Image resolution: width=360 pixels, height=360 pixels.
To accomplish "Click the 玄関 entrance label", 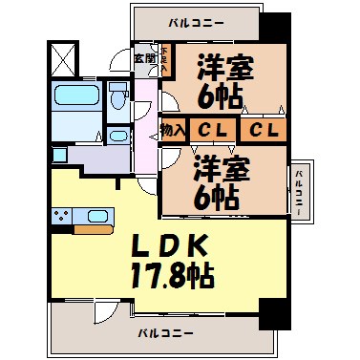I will click(143, 58).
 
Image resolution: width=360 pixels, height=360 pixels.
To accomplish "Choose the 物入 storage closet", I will click(173, 129).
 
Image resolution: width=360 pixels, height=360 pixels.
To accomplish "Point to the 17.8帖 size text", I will click(172, 276).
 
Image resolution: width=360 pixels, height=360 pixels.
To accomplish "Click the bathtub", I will click(73, 98).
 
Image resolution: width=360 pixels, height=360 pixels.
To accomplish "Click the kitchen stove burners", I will click(63, 216).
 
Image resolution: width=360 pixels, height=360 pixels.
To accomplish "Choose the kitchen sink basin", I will click(95, 215).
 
